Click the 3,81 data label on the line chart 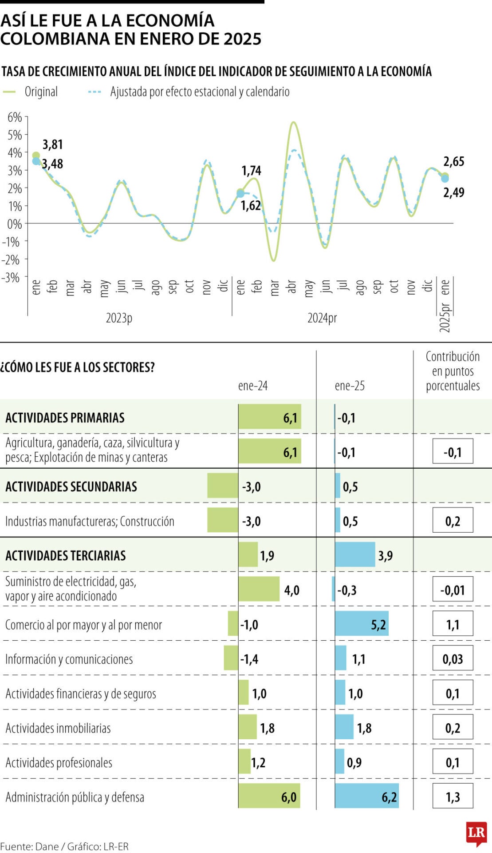coord(53,144)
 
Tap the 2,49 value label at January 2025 coord(453,192)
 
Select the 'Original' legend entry coord(41,92)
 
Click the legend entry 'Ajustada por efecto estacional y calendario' coord(200,92)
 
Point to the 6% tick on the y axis coord(15,117)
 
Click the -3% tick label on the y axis coord(11,278)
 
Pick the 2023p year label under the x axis coord(119,318)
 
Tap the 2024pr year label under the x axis coord(322,318)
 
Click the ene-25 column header coord(350,386)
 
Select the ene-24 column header coord(253,386)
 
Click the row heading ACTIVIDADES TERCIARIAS coord(66,555)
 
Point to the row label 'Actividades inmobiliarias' coord(58,728)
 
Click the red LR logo coord(476,833)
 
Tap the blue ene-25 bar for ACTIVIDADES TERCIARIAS coord(355,554)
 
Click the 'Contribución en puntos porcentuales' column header coord(453,371)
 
